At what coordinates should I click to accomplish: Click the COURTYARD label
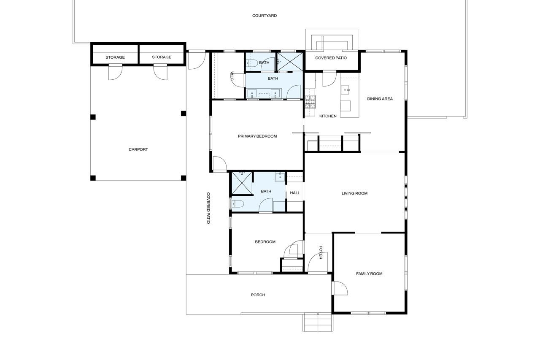point(265,16)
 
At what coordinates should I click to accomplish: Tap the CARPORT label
point(138,149)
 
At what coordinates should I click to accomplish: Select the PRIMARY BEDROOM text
point(257,136)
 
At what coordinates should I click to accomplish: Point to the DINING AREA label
point(380,99)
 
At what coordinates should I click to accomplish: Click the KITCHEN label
point(328,116)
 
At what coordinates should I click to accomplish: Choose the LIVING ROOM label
point(355,193)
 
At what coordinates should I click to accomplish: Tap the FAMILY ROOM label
point(369,273)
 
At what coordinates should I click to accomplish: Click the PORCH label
point(258,295)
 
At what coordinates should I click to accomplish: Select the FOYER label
point(321,252)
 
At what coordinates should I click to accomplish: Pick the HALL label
point(295,193)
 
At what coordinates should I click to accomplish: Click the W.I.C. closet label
point(232,76)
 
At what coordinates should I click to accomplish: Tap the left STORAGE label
point(115,57)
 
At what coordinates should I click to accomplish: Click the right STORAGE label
point(162,57)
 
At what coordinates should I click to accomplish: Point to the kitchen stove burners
point(310,102)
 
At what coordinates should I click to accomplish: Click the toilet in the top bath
point(252,63)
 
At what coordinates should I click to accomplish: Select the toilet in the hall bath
point(238,204)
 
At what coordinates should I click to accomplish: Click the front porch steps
point(318,322)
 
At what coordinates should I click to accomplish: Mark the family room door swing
point(340,288)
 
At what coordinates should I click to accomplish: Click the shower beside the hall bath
point(242,183)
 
